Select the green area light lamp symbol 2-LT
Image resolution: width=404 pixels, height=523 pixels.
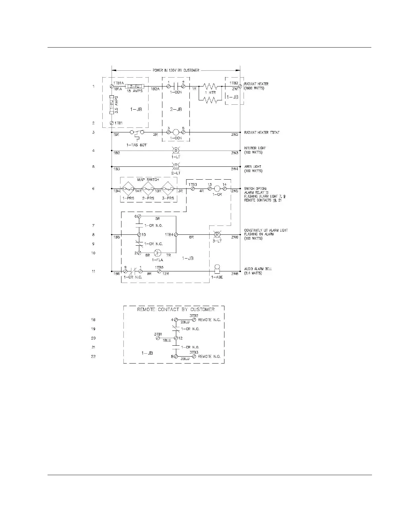click(176, 166)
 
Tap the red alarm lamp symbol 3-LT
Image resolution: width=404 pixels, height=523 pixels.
click(217, 234)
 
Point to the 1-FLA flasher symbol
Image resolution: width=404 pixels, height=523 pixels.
click(158, 253)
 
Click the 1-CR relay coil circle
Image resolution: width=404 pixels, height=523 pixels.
click(217, 189)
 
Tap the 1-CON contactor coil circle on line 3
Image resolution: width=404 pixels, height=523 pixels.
click(176, 132)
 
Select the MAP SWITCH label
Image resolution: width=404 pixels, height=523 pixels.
click(148, 180)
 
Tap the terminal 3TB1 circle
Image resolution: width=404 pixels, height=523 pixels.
click(158, 338)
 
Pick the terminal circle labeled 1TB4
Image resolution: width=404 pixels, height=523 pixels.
click(176, 234)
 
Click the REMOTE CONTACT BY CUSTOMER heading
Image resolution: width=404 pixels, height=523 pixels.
click(176, 309)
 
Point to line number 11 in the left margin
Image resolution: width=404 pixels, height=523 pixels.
click(93, 271)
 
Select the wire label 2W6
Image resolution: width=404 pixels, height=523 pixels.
click(234, 237)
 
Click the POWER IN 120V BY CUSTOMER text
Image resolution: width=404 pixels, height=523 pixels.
click(176, 70)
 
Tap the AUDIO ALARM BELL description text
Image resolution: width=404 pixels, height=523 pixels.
click(258, 269)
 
